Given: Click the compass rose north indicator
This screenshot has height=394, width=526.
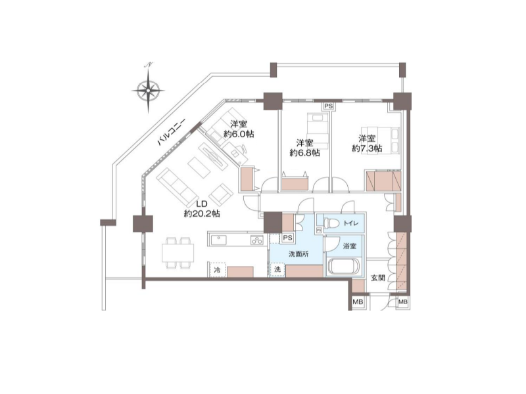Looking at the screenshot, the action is (148, 90).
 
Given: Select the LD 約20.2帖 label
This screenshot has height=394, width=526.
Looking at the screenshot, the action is (202, 209).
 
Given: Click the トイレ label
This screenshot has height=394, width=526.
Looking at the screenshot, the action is (351, 223).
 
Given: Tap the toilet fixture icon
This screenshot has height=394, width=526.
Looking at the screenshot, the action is (332, 223).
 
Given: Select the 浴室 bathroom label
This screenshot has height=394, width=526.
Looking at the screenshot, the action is (350, 246).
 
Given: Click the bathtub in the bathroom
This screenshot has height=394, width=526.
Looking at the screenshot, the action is (343, 267).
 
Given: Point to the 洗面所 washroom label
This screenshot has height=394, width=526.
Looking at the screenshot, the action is (299, 254).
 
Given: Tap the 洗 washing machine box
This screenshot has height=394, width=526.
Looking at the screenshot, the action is (277, 269).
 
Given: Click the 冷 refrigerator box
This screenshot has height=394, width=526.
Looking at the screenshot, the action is (217, 270).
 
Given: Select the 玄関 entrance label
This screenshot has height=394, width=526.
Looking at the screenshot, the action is (377, 277).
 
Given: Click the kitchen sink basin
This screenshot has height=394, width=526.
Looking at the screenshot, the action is (219, 240).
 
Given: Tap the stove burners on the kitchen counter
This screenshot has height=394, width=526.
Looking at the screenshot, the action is (257, 240).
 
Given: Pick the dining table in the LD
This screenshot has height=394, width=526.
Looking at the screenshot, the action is (178, 253).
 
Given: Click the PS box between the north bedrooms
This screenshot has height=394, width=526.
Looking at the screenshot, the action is (329, 106).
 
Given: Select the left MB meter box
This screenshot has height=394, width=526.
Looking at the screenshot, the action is (358, 302).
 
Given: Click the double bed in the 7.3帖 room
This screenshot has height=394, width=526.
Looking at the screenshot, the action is (380, 141).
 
